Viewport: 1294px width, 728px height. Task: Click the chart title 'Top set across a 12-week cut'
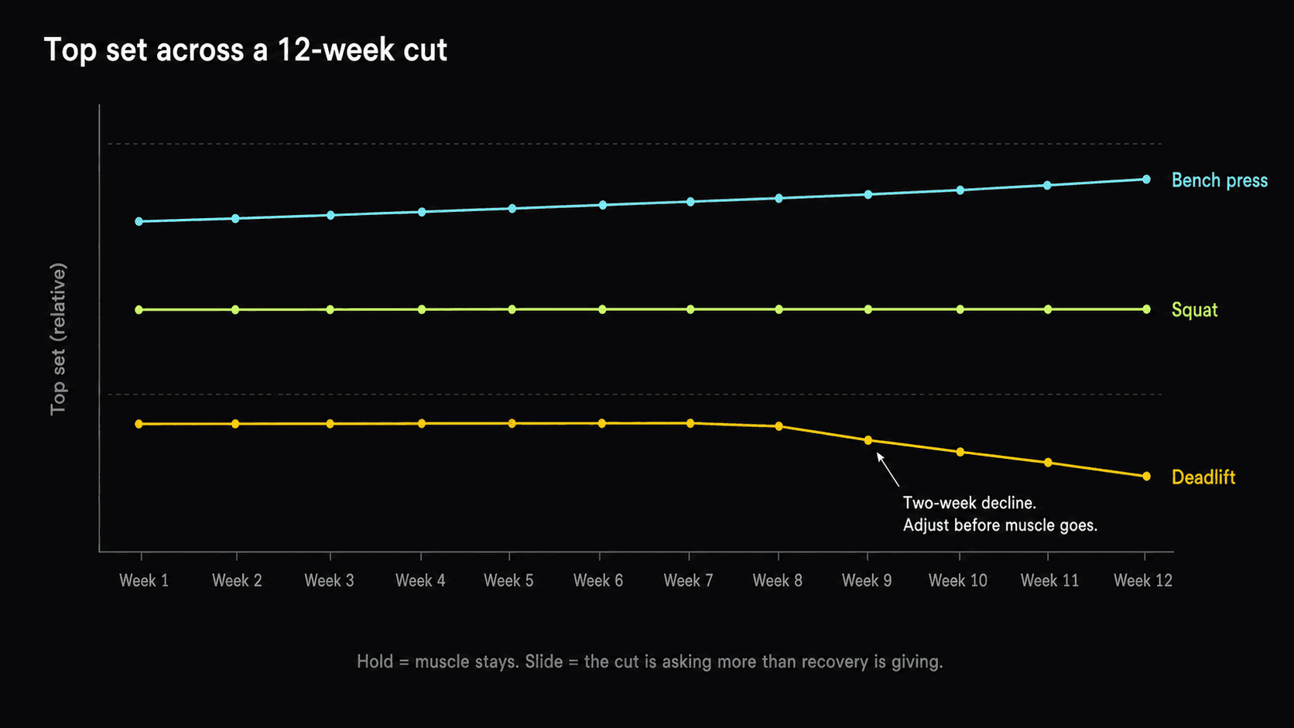coord(245,50)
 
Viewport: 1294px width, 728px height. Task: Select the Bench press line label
coord(1219,180)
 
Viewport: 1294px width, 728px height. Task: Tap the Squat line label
coord(1194,310)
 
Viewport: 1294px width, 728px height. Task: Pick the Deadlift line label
coord(1203,477)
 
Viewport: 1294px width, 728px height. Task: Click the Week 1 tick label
coord(144,580)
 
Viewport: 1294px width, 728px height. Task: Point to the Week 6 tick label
coord(597,580)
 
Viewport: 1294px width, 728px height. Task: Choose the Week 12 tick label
coord(1142,580)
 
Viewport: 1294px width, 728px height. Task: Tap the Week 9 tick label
coord(866,580)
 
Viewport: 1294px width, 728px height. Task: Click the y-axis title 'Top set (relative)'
coord(58,339)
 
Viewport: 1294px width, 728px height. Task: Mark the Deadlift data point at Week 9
coord(868,440)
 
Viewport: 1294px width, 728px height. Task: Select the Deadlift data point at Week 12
coord(1146,477)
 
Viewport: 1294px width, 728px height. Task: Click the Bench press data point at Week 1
coord(139,221)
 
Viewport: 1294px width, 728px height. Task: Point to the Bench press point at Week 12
coord(1146,179)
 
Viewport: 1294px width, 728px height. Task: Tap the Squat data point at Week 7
coord(690,309)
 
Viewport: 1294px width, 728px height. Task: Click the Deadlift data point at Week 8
coord(779,426)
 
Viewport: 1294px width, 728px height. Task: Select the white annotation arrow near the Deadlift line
coord(888,470)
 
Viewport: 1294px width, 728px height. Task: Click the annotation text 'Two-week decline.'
coord(969,503)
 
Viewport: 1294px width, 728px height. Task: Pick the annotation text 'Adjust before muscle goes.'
coord(1000,525)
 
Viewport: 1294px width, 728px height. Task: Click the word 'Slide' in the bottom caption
coord(544,661)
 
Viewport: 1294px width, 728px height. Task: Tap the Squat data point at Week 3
coord(330,309)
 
